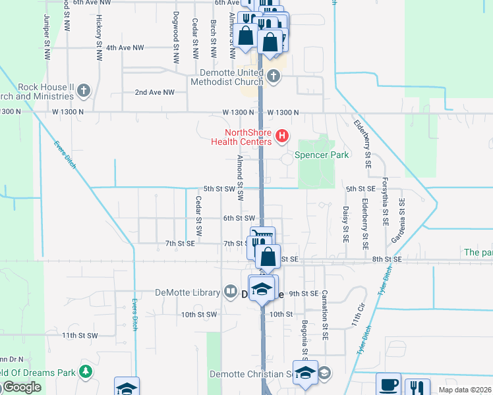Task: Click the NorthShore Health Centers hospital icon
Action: click(x=282, y=136)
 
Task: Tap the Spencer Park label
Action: click(x=322, y=155)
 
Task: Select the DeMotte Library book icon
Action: click(x=231, y=290)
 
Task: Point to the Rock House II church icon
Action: click(x=84, y=89)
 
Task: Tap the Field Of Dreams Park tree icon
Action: click(x=85, y=372)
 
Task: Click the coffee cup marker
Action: click(x=389, y=384)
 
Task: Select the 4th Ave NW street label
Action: click(x=125, y=47)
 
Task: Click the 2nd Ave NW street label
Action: click(x=154, y=93)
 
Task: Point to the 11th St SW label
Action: click(x=80, y=335)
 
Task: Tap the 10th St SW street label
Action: click(x=199, y=315)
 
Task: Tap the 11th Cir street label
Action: click(x=357, y=321)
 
